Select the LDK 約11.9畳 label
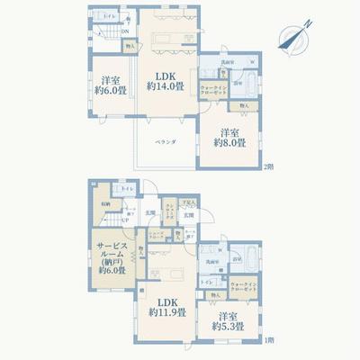pos(167,307)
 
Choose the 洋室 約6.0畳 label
pos(110,83)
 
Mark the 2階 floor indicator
pos(267,168)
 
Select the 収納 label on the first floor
pos(106,206)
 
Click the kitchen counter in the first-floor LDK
pos(166,272)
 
